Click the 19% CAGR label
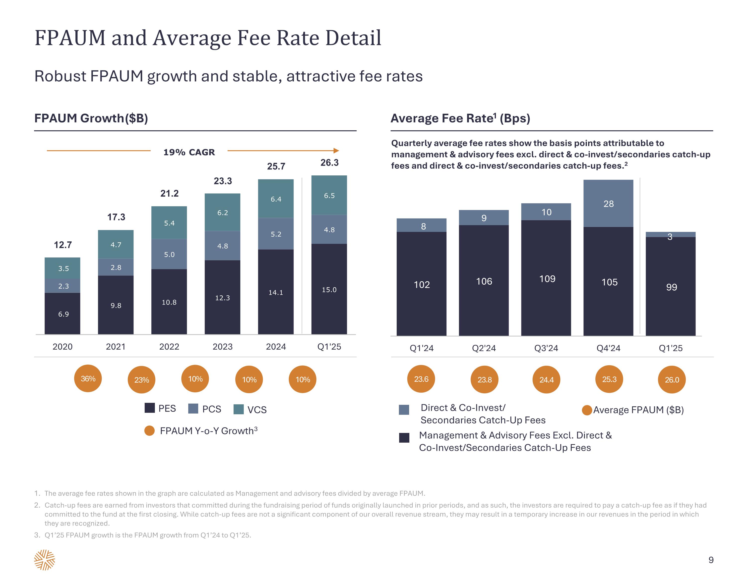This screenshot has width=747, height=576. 189,152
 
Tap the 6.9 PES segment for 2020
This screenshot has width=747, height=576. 62,314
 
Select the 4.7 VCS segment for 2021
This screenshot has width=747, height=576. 116,244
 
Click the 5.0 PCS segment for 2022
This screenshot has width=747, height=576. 169,254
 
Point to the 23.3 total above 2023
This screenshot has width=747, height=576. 223,181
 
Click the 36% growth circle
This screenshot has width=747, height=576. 88,378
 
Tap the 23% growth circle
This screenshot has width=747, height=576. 142,380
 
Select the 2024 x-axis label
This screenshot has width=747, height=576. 276,347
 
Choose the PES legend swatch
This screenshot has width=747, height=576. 150,408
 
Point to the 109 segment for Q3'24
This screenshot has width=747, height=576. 547,279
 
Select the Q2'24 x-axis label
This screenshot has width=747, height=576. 484,348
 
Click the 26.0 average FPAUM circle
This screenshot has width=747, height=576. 672,380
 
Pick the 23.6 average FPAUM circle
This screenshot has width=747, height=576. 421,379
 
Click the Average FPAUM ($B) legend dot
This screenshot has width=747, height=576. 587,410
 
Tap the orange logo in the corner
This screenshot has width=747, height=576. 45,560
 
